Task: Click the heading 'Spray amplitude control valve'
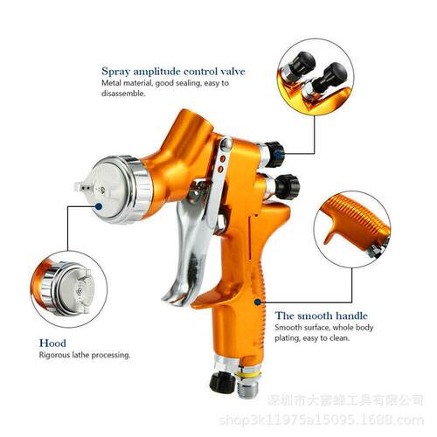coord(173,72)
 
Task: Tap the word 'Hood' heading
coord(52,343)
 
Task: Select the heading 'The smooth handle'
coord(322,316)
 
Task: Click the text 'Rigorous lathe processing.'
coord(85,355)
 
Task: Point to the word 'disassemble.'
coord(123,94)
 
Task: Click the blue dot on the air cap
coord(99,206)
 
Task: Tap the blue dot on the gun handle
coord(257,302)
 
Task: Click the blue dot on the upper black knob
coord(279,154)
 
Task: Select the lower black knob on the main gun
coord(287,187)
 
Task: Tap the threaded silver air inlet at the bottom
coord(247,385)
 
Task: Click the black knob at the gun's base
coord(222,382)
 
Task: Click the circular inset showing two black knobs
coord(316,77)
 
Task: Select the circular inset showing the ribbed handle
coord(352,229)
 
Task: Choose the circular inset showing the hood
coord(69,289)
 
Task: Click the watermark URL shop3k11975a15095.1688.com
coord(321,420)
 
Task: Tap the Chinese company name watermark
coord(345,400)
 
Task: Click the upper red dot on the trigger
coord(223,159)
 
